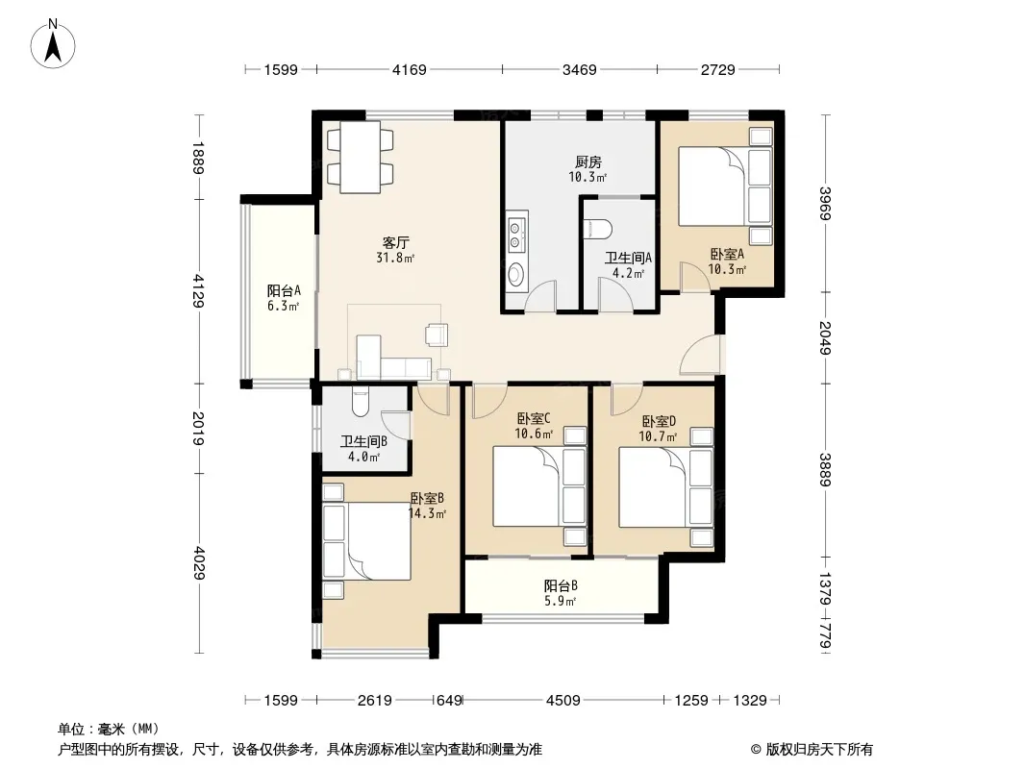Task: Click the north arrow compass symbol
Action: point(53,43)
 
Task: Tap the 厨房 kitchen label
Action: point(588,161)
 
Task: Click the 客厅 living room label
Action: point(395,242)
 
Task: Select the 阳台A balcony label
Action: point(284,290)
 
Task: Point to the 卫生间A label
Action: point(628,258)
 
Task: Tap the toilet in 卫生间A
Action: point(598,229)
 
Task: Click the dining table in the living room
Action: point(361,157)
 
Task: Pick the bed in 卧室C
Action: point(527,485)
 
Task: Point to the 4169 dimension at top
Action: point(410,69)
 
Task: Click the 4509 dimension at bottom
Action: point(562,701)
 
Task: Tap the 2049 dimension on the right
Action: point(825,337)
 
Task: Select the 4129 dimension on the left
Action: point(198,290)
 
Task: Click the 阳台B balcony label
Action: point(561,586)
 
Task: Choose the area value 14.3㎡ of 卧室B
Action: point(427,513)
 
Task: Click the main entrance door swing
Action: point(700,355)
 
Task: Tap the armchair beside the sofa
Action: point(436,334)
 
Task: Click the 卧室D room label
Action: point(659,421)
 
